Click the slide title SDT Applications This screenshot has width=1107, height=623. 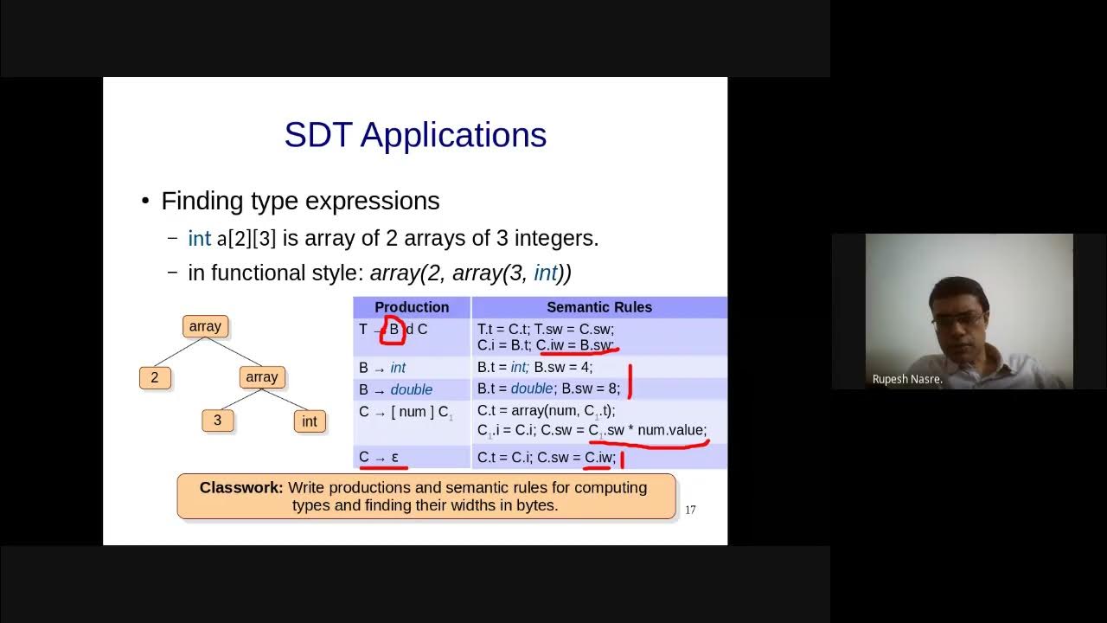(x=415, y=135)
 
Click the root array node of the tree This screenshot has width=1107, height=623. (x=205, y=326)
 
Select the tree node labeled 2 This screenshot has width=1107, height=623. (x=155, y=377)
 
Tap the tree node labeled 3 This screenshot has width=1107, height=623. (x=217, y=421)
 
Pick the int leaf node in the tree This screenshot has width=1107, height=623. (x=309, y=421)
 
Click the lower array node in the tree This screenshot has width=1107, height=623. (x=261, y=377)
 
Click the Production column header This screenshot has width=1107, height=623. (x=412, y=307)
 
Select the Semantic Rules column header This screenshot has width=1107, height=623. (x=599, y=307)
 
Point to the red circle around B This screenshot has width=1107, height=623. (x=394, y=330)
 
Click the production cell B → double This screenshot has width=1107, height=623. (x=396, y=389)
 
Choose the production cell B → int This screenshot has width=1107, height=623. (x=382, y=368)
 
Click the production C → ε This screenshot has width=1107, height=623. (x=379, y=457)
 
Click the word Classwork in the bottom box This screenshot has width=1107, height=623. (x=241, y=487)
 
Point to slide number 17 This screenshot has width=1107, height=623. (x=690, y=510)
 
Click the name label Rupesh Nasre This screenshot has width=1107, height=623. (x=907, y=379)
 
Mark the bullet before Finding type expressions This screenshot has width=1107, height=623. (x=145, y=202)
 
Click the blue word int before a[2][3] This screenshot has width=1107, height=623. (x=199, y=239)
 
